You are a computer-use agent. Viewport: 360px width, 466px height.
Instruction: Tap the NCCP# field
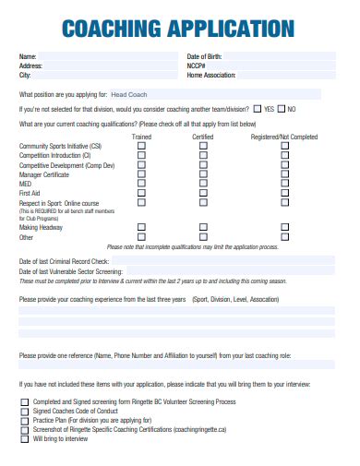pos(277,66)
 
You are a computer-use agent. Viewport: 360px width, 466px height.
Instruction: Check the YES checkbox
pos(258,109)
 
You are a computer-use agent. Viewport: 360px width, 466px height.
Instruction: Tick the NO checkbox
pos(282,109)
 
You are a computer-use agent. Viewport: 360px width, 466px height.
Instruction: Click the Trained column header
pos(141,137)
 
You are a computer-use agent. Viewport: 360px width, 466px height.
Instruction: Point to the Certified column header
pos(203,137)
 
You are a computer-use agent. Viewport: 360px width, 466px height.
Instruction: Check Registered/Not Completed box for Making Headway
pos(285,227)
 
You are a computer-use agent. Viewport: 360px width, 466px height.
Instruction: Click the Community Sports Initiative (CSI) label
pos(60,147)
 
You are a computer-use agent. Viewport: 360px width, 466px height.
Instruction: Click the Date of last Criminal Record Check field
pos(212,262)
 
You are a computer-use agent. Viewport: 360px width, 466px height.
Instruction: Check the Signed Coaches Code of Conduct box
pos(24,412)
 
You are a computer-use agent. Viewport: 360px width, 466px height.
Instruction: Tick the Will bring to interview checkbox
pos(24,439)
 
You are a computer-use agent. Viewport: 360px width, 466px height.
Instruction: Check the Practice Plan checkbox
pos(24,421)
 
